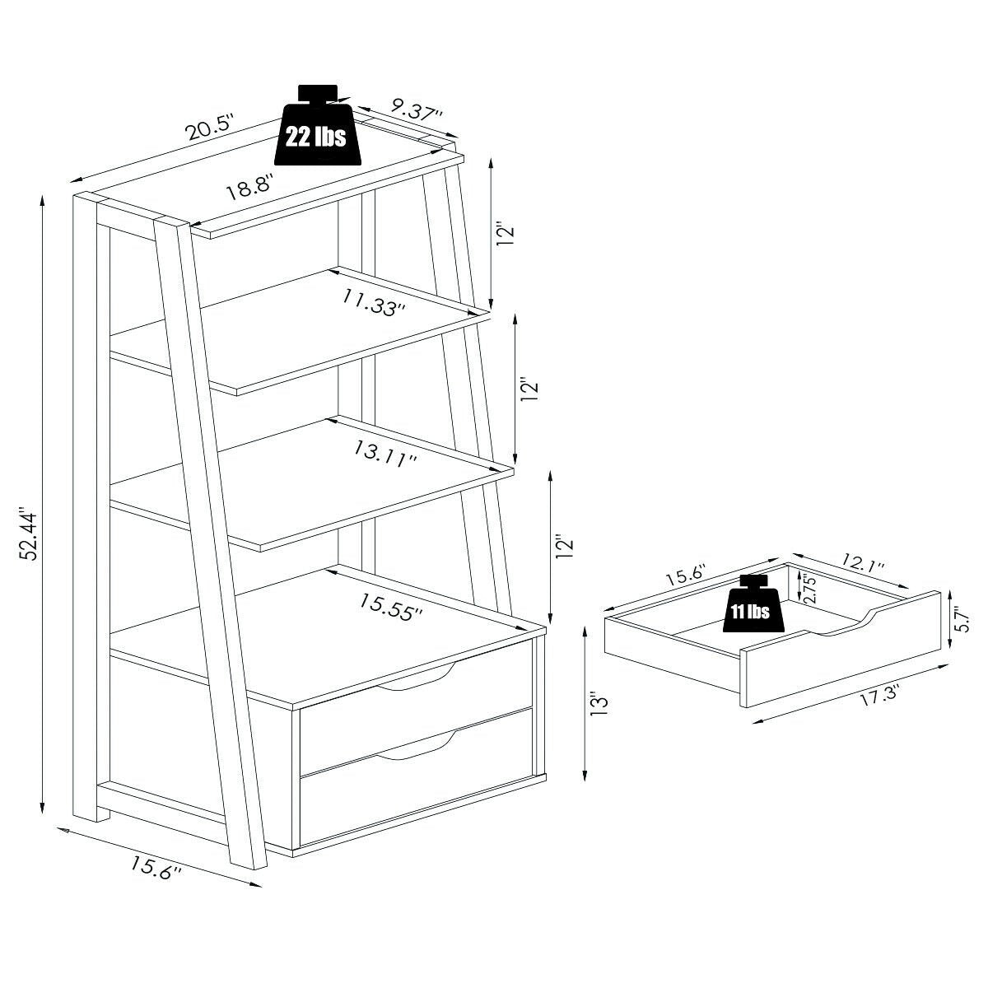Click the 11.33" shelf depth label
[x=374, y=303]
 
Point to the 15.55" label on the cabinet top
[x=391, y=608]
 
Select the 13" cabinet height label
[x=599, y=706]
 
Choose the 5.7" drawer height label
[x=963, y=619]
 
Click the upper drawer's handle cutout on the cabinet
[x=416, y=677]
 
